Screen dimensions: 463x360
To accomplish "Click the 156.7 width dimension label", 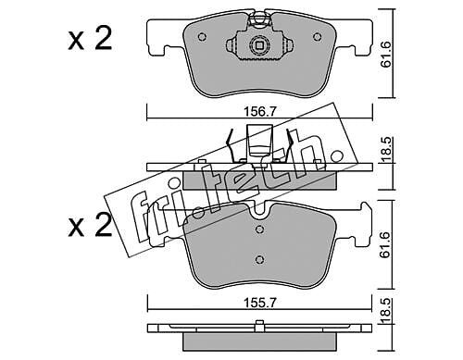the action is [259, 111].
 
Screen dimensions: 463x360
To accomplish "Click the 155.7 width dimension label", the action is [259, 303].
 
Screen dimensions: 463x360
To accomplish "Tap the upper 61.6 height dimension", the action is [386, 54].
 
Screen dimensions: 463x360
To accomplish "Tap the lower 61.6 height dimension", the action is [386, 244].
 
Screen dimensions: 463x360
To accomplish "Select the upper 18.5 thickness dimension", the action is [386, 150].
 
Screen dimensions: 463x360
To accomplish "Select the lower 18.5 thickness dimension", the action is [386, 310].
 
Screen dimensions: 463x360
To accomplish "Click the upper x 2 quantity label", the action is [90, 39].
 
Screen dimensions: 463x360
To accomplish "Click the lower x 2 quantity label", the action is [90, 226].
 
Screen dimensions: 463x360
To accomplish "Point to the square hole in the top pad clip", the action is [258, 45].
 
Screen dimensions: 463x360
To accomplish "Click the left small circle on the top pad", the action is [202, 37].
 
